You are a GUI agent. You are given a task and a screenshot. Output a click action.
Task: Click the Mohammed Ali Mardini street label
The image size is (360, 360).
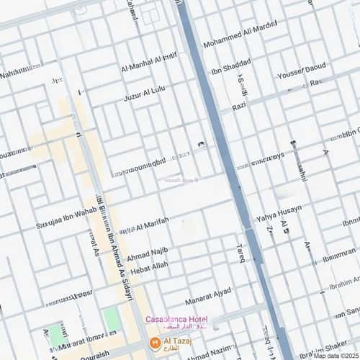tap(240, 34)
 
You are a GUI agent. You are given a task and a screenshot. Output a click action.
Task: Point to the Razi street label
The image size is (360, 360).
tap(239, 107)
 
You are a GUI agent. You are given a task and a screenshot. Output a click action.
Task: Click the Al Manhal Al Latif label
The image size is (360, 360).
tap(149, 63)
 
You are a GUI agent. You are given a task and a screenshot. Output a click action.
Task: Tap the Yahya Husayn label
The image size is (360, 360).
tap(279, 212)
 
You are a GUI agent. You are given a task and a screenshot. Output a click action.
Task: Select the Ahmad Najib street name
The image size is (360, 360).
tap(147, 253)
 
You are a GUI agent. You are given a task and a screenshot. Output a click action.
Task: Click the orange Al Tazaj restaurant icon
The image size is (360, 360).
tap(153, 341)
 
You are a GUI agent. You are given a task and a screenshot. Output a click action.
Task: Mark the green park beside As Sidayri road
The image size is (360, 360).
tap(110, 319)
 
